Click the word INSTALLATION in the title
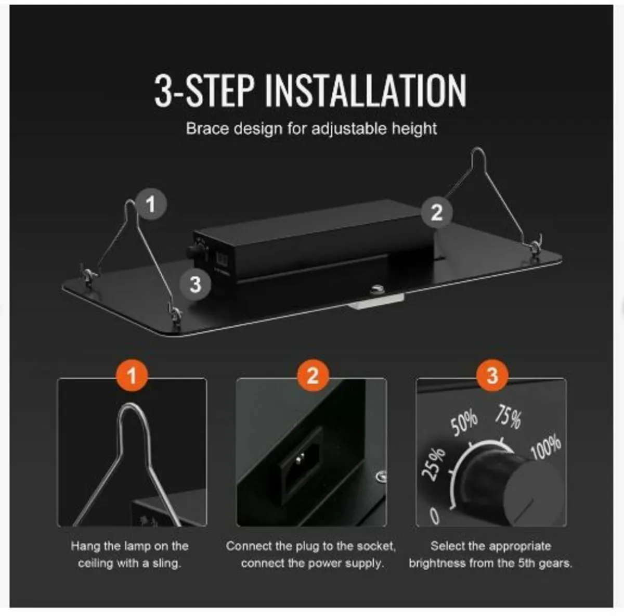(x=366, y=91)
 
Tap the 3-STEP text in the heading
(x=204, y=91)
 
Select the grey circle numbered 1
(x=151, y=204)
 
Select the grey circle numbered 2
(x=436, y=212)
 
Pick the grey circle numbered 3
(x=196, y=285)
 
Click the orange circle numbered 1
(x=132, y=376)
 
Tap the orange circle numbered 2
(x=313, y=376)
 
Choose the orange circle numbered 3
(x=492, y=376)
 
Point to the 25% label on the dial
(x=433, y=465)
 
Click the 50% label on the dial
(x=464, y=422)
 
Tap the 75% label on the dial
(x=508, y=416)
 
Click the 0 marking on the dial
(x=435, y=516)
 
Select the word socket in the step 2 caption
(x=376, y=546)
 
